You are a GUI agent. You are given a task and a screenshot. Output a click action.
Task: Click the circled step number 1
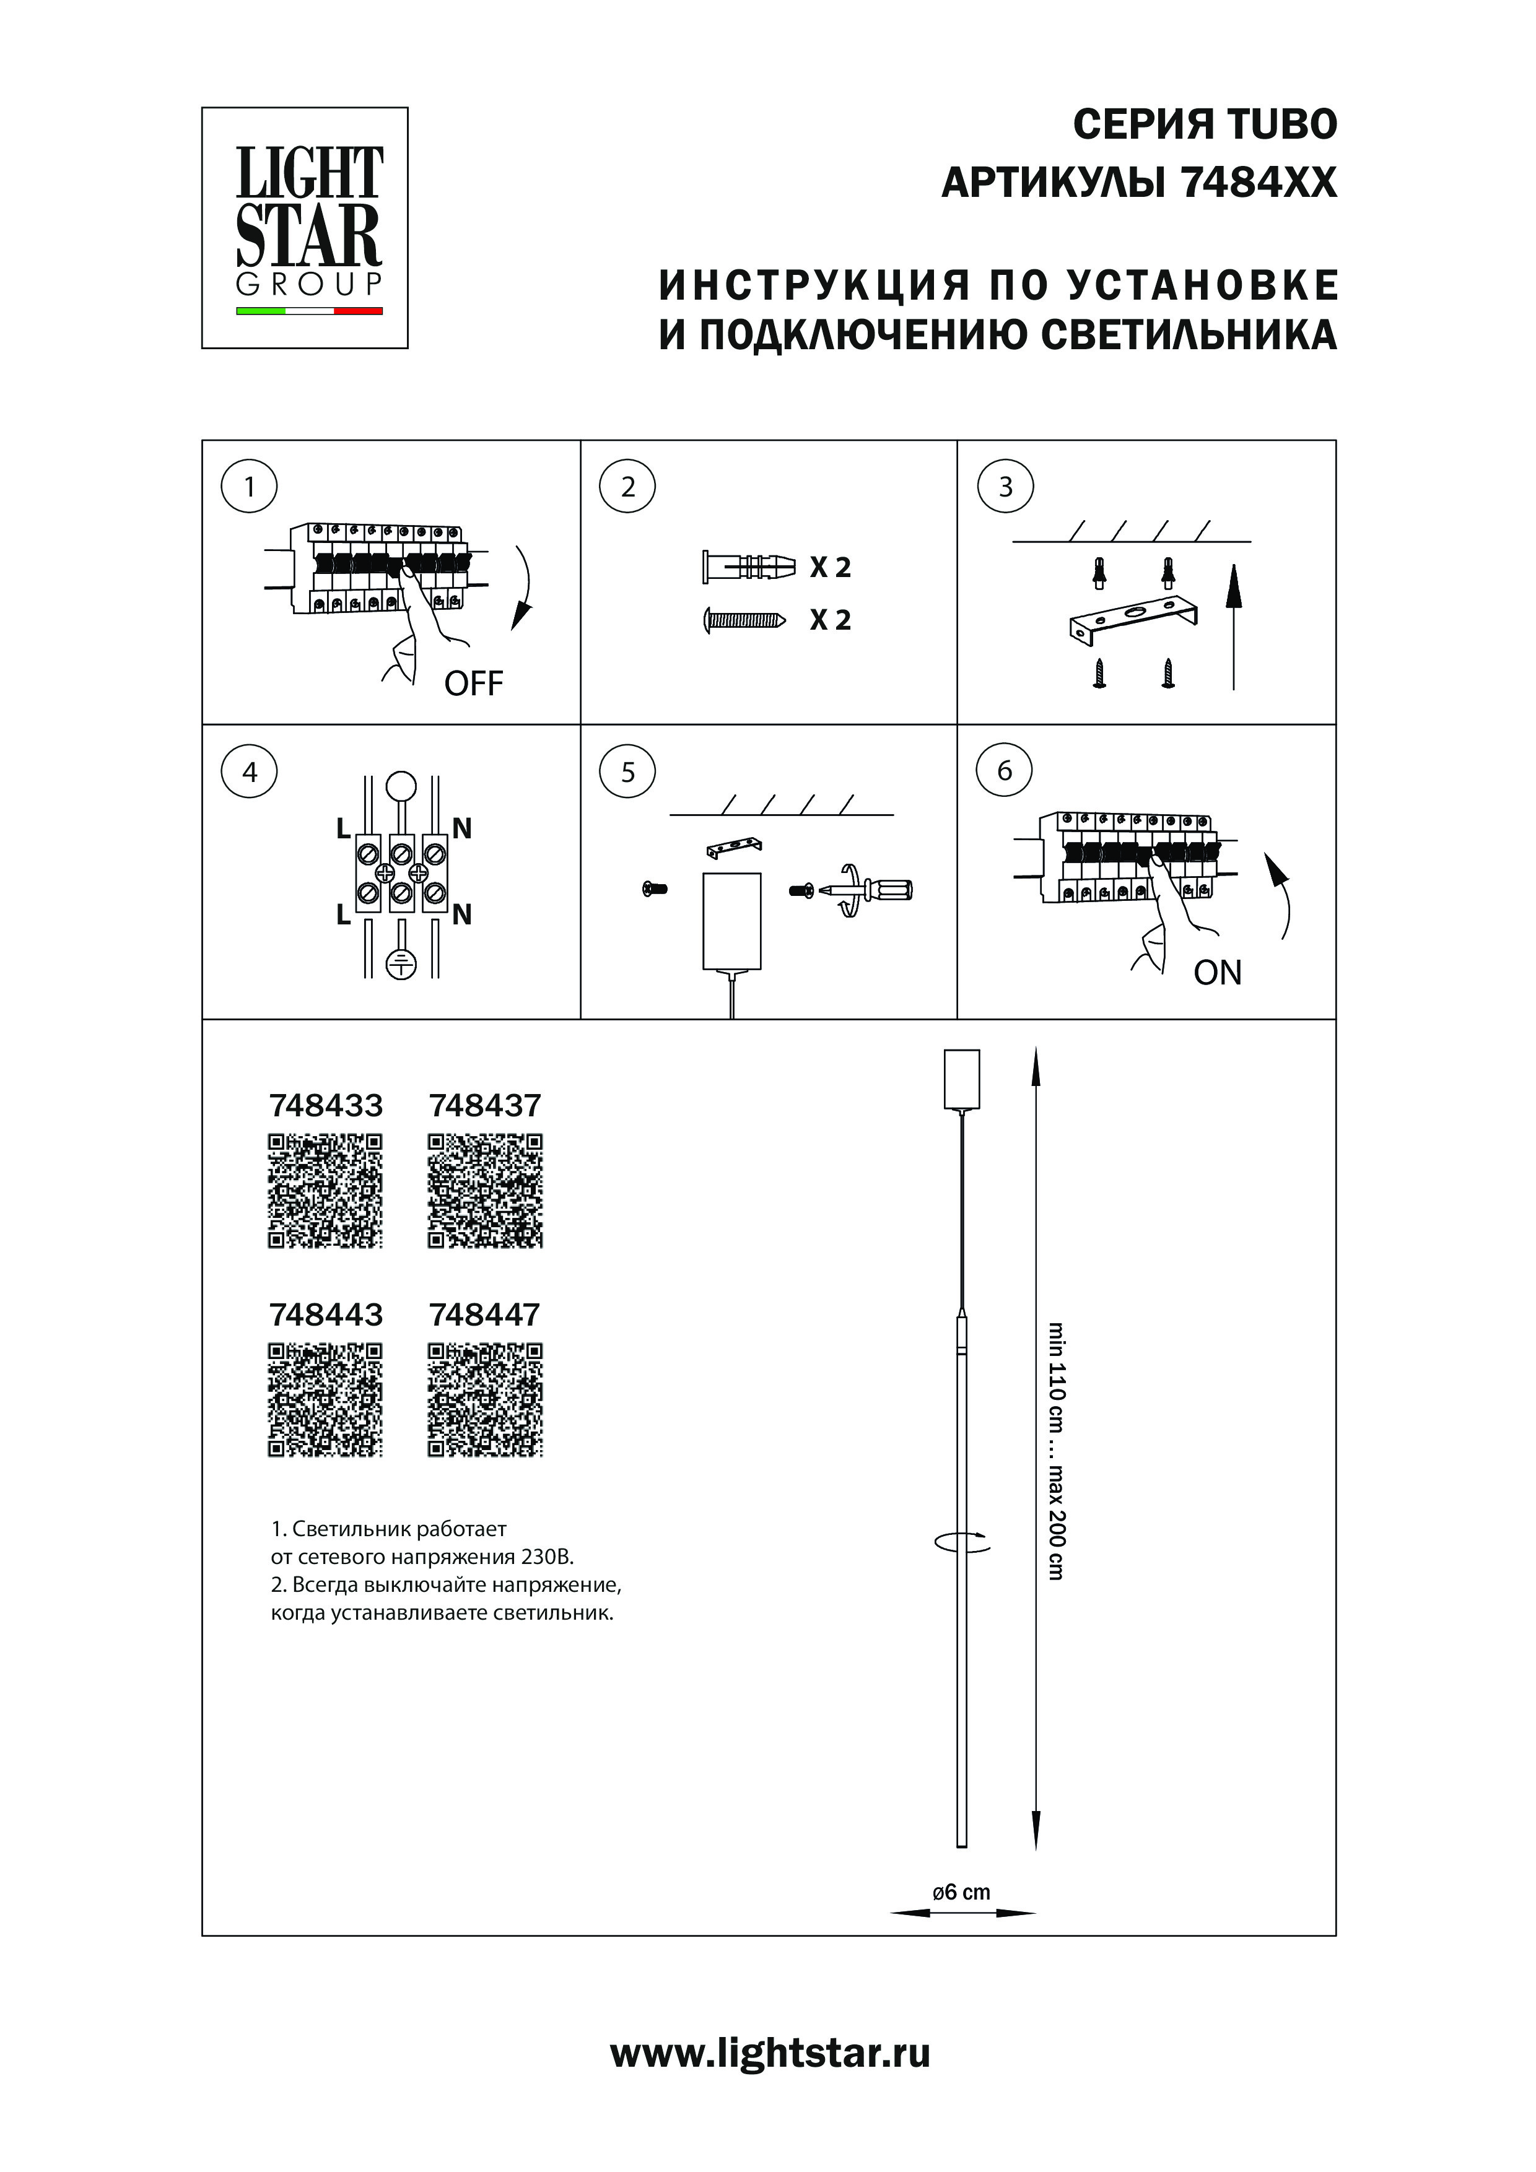pyautogui.click(x=249, y=487)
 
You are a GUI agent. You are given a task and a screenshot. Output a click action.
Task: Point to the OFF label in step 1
pyautogui.click(x=473, y=683)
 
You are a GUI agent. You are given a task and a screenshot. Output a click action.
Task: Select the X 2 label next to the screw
pyautogui.click(x=830, y=620)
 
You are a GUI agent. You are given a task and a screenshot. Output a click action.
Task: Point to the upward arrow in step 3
pyautogui.click(x=1233, y=624)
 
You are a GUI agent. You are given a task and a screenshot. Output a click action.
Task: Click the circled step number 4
pyautogui.click(x=249, y=772)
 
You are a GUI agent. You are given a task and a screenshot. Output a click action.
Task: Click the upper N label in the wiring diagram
pyautogui.click(x=462, y=828)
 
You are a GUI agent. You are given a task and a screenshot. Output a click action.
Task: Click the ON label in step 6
pyautogui.click(x=1217, y=973)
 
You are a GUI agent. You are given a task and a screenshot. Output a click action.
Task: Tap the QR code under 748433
pyautogui.click(x=326, y=1191)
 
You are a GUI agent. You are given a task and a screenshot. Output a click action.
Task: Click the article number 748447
pyautogui.click(x=484, y=1315)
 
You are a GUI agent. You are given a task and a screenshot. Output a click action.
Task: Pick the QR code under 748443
pyautogui.click(x=326, y=1400)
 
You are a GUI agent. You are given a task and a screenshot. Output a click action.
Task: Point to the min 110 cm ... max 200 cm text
pyautogui.click(x=1056, y=1451)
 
